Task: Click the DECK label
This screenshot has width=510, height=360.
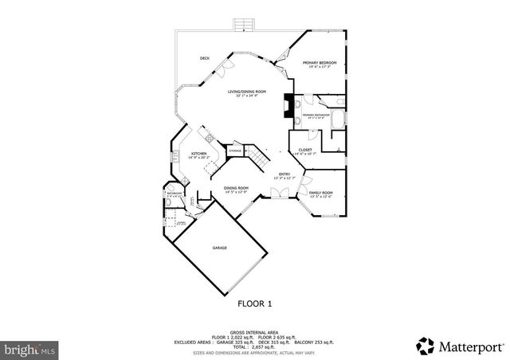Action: pos(205,58)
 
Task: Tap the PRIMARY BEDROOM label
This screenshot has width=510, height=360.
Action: pos(320,62)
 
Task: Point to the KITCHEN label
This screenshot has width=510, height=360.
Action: pos(198,153)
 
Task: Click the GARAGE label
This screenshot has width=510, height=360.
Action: pos(220,248)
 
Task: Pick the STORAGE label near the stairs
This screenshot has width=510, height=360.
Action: pos(236,151)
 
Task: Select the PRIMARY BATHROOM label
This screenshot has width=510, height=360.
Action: pos(316,115)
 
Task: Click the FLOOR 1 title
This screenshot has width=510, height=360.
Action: pos(254,303)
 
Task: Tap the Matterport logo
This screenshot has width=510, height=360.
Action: pos(460,345)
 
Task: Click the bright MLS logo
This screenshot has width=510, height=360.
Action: pos(29,349)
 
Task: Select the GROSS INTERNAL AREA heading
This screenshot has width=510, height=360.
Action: pos(254,331)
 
